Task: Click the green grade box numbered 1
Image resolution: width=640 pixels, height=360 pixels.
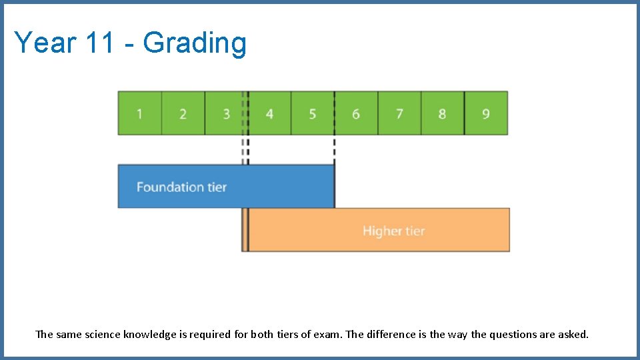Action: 139,113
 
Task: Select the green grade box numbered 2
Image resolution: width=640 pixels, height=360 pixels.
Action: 183,113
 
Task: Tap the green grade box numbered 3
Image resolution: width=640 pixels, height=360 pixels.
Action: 225,113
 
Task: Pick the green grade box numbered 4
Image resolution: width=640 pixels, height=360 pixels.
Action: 269,113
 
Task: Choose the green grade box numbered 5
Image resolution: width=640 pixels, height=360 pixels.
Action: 312,113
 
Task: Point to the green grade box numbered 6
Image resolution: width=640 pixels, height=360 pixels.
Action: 356,113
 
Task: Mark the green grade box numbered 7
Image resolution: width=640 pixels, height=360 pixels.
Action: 399,113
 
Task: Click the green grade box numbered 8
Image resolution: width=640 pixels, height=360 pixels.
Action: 442,113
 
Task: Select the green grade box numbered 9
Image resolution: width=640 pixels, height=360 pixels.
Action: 485,113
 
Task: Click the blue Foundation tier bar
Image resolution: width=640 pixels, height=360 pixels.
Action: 225,187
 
